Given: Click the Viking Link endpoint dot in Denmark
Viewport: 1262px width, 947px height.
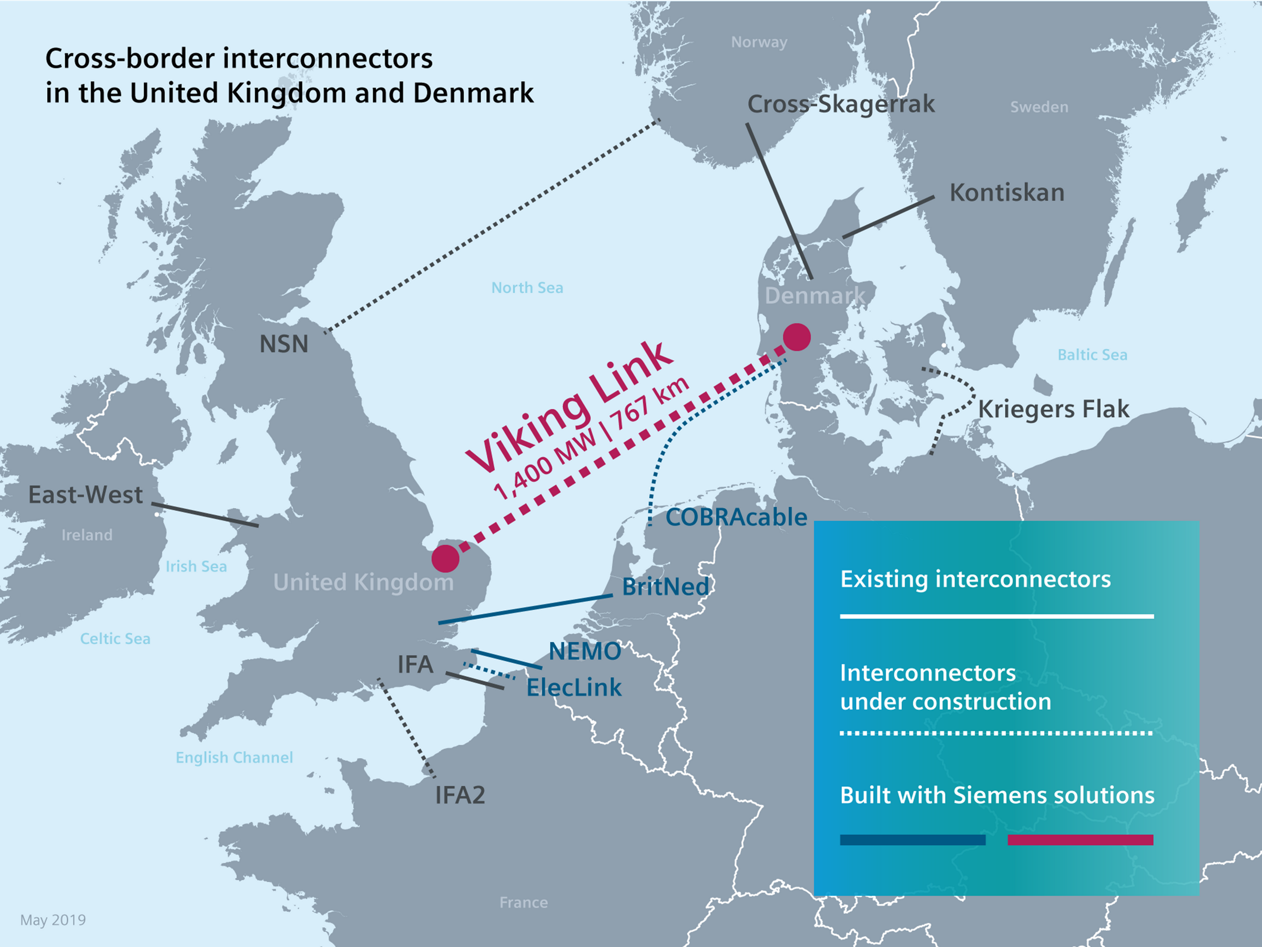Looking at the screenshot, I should tap(797, 337).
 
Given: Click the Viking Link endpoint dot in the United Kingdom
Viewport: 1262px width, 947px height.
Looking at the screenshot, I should tap(445, 558).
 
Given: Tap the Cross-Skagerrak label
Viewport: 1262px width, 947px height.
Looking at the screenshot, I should tap(840, 104).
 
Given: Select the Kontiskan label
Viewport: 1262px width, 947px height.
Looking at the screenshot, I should tap(1006, 193).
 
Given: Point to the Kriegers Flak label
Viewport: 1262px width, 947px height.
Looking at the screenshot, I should tap(1053, 409).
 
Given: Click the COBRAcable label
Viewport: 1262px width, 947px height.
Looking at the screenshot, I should tap(736, 517).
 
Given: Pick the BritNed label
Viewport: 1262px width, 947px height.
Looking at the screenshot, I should tap(665, 586).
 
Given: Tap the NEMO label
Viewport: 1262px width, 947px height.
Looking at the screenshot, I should tap(584, 651).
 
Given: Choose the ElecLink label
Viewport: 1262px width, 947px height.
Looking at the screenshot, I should tap(573, 687).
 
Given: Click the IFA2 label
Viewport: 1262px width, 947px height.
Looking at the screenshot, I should tap(460, 794).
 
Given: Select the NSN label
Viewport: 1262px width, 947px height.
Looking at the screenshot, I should tap(283, 344).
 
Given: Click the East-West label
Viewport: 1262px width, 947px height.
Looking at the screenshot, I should tap(86, 495).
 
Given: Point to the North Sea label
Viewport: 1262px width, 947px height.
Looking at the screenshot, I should tap(527, 288).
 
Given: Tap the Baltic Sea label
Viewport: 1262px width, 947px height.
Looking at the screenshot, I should tap(1092, 355).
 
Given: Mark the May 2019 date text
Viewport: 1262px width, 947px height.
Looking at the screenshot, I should tap(53, 920).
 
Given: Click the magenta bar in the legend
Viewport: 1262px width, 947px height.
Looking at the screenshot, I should tap(1080, 840).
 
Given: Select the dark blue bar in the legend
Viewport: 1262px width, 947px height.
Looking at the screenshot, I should tap(912, 840).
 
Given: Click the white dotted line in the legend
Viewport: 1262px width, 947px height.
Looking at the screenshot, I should tap(996, 733).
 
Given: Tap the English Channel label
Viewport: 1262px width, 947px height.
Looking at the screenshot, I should tap(234, 758).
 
